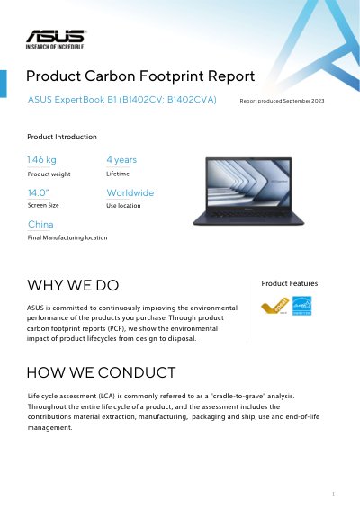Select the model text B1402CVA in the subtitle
(192, 99)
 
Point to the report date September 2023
(303, 101)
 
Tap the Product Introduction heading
(62, 137)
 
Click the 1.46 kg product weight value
(42, 160)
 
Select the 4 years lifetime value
(121, 160)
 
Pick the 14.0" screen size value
(38, 192)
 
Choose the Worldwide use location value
(130, 192)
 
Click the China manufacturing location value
(40, 224)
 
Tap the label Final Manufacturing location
(67, 237)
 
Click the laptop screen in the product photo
(248, 183)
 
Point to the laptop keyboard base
(248, 217)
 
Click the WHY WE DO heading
(73, 285)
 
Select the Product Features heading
(290, 283)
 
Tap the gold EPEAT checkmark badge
(274, 306)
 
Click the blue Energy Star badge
(301, 306)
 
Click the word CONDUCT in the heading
(137, 372)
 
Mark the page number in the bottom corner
(333, 494)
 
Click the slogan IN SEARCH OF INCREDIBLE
(55, 47)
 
